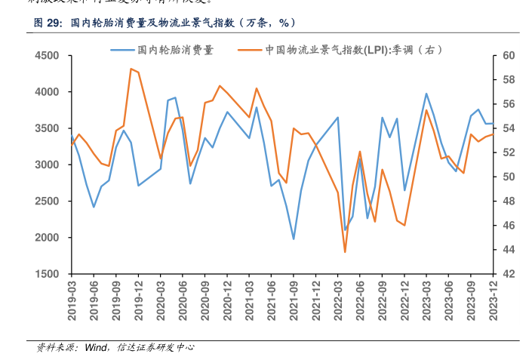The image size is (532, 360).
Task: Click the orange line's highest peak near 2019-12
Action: coord(131,69)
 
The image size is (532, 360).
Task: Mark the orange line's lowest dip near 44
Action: coord(345,251)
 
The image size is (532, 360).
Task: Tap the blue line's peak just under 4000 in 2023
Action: coord(426,94)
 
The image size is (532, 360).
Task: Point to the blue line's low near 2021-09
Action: coord(294,238)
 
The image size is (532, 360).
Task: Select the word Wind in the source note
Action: coord(96,348)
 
